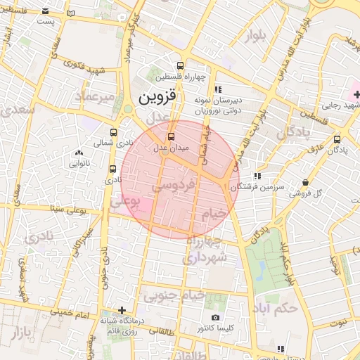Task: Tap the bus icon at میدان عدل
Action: point(171,136)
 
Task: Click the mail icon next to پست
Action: point(46,13)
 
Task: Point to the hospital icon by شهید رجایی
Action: point(356,94)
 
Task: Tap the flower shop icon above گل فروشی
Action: point(305,181)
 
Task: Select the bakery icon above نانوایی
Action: point(77,153)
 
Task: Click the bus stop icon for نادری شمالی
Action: point(114,131)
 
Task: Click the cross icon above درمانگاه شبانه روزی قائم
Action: point(122,309)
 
